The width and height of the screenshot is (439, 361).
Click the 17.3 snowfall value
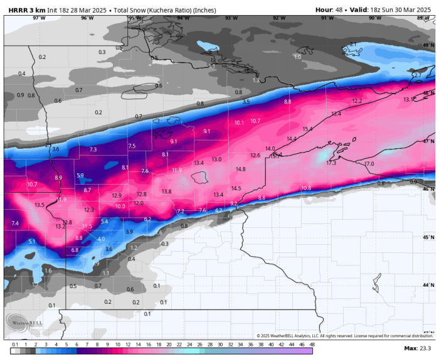332,163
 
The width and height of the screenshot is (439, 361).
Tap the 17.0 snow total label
369,164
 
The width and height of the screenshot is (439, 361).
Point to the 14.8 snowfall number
241,169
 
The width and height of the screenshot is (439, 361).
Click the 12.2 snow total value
357,100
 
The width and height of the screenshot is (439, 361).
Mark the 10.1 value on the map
239,122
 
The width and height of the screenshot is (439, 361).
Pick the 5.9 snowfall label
80,175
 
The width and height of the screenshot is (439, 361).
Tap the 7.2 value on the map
181,211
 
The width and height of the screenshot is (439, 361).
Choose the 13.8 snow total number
166,191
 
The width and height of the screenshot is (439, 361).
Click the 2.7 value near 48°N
417,75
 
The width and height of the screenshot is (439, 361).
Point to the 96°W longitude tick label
87,18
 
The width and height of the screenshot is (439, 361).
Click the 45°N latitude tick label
428,237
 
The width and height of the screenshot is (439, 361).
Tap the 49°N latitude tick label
428,45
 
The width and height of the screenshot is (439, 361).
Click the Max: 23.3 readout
416,348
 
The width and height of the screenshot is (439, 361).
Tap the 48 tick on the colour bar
311,344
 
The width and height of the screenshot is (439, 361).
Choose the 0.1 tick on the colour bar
15,344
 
